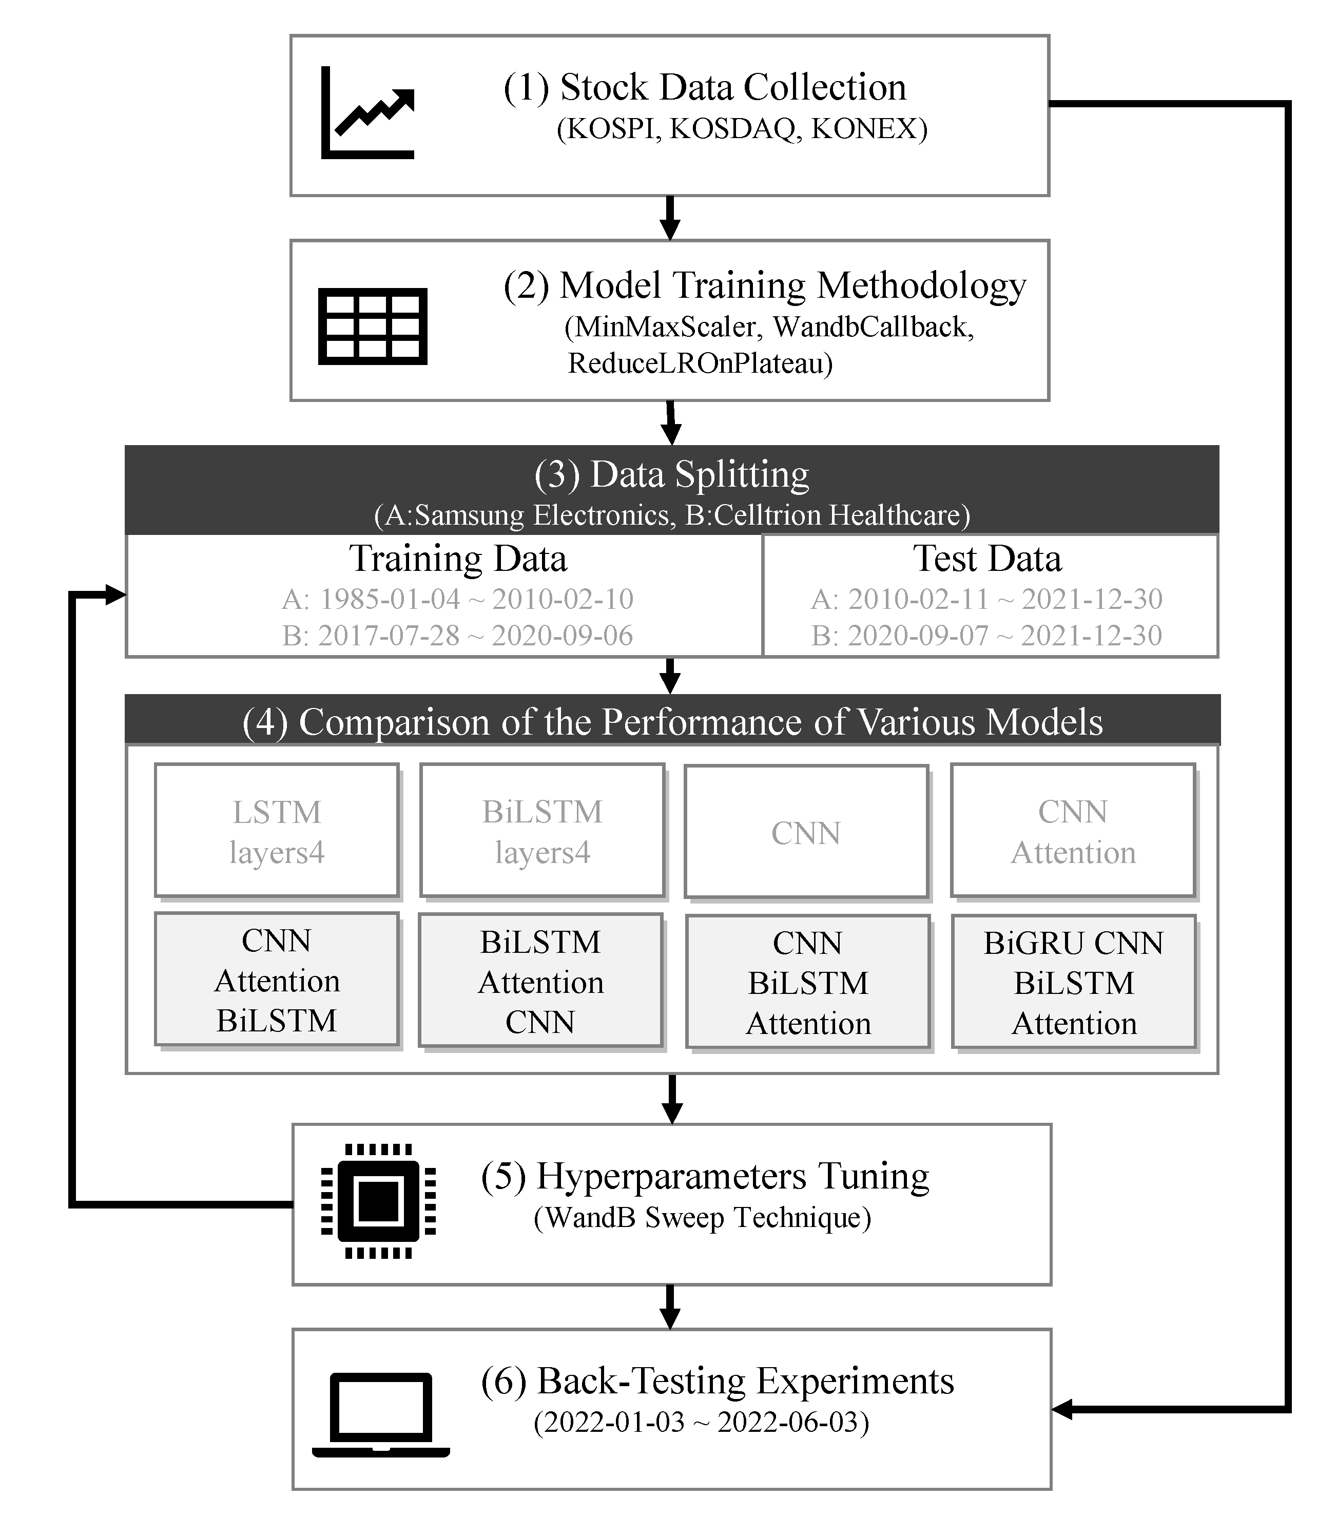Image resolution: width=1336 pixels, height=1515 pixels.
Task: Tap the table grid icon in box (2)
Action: pyautogui.click(x=373, y=326)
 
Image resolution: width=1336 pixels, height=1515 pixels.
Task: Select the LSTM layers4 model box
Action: pyautogui.click(x=277, y=831)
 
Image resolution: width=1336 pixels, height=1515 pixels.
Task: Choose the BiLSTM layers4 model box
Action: pyautogui.click(x=541, y=831)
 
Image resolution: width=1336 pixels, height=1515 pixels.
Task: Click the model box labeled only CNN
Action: pyautogui.click(x=806, y=832)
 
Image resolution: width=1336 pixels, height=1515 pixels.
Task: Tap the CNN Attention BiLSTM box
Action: pyautogui.click(x=277, y=980)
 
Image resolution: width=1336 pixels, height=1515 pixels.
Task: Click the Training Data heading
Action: pyautogui.click(x=458, y=558)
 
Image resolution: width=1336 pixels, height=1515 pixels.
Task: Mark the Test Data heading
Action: pyautogui.click(x=987, y=558)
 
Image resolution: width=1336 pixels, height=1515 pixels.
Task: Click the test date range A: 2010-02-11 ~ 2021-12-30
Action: pyautogui.click(x=987, y=599)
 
